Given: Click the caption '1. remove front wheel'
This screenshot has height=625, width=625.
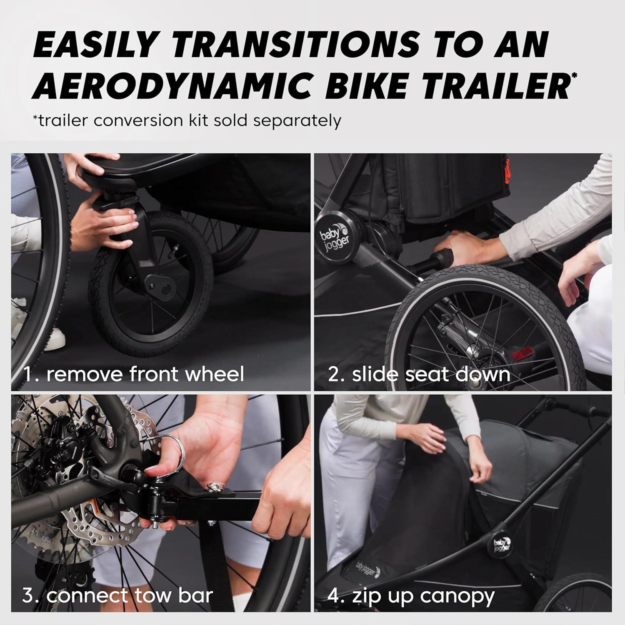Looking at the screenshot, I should pyautogui.click(x=133, y=374).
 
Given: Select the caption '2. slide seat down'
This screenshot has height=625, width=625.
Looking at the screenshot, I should pyautogui.click(x=419, y=374).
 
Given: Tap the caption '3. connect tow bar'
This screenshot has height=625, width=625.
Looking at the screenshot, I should pyautogui.click(x=117, y=595).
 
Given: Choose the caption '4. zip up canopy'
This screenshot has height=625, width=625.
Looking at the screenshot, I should pyautogui.click(x=411, y=596).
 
